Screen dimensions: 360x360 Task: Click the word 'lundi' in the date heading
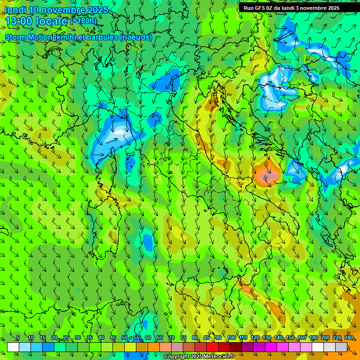(15, 10)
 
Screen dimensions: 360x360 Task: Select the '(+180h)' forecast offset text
(83, 21)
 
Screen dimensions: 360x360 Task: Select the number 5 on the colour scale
(18, 337)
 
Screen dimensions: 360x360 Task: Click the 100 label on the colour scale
(232, 337)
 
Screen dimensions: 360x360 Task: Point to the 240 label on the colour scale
(349, 337)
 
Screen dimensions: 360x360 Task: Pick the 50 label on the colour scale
(125, 337)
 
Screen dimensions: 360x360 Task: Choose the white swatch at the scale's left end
(13, 347)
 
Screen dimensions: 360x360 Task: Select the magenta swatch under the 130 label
(271, 347)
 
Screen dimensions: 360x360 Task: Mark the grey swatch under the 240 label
(341, 347)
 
